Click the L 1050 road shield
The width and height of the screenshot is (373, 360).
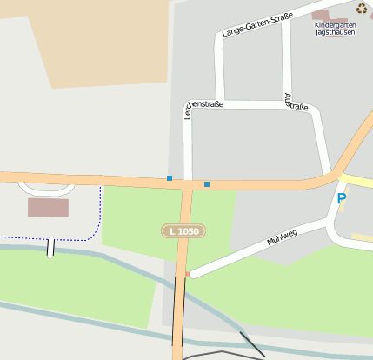pos(184,231)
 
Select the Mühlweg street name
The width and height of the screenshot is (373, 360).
pos(283,236)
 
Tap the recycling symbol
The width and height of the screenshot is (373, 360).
pos(362,9)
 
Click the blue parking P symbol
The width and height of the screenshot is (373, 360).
pos(342,199)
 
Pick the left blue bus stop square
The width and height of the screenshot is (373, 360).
pos(170,178)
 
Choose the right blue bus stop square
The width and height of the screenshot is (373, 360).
pos(207,184)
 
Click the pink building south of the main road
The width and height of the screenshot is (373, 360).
pos(48,207)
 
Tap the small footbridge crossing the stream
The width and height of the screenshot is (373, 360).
pos(50,248)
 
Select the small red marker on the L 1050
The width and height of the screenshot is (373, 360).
pos(186,274)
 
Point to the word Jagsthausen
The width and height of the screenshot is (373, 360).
pos(335,32)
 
